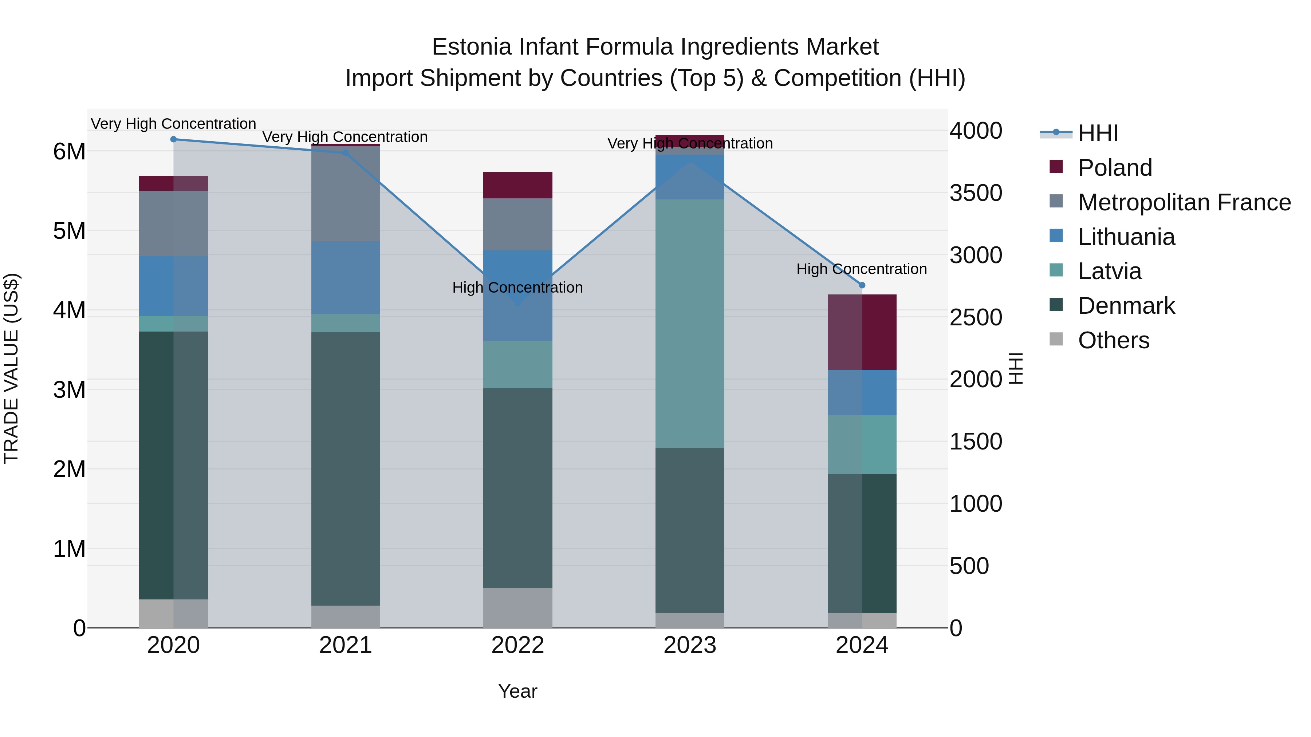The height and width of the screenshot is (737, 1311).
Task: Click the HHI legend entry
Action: (1098, 133)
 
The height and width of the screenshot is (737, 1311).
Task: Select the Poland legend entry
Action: (1115, 168)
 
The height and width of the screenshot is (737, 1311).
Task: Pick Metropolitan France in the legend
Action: (1184, 202)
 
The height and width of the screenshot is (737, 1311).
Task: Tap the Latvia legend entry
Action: (1110, 271)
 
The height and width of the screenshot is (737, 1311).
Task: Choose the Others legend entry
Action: (1114, 340)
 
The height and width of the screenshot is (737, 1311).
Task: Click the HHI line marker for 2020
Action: (174, 139)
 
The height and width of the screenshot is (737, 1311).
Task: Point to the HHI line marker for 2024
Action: (862, 285)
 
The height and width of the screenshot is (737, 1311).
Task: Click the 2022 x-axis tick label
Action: (517, 645)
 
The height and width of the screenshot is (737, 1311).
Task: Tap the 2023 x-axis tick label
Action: (690, 645)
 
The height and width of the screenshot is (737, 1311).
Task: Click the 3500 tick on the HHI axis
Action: (976, 193)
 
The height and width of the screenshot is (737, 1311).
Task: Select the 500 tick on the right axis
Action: (969, 566)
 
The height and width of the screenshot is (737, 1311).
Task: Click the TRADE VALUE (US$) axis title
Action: (12, 368)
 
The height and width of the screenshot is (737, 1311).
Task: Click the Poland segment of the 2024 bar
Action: (862, 332)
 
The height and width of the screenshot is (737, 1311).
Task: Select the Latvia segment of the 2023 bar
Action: (690, 324)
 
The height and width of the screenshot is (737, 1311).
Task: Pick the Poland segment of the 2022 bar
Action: (517, 185)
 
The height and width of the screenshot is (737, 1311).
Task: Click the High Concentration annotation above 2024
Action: (862, 269)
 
